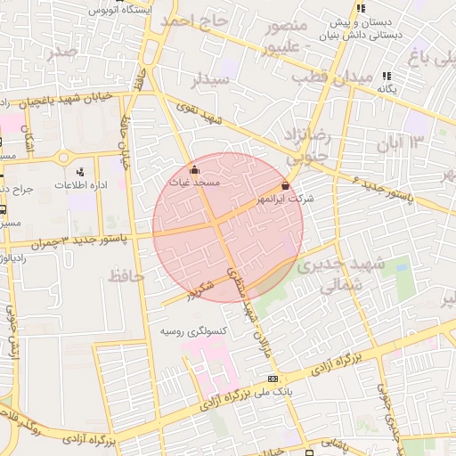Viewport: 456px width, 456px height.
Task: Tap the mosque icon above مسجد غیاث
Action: coord(195,168)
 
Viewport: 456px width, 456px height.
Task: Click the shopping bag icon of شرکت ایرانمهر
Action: coord(285,185)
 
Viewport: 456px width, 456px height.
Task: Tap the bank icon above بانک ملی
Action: coord(272,379)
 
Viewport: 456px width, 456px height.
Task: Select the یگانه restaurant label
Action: coord(386,89)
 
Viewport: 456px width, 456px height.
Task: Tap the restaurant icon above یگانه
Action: coord(386,77)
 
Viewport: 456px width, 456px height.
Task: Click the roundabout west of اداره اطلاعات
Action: coord(63,157)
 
